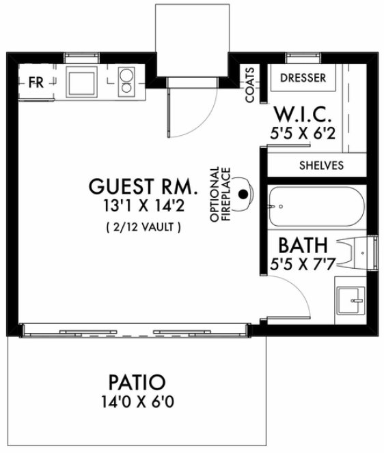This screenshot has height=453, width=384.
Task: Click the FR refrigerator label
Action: tap(36, 83)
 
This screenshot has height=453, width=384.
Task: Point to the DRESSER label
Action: tap(303, 78)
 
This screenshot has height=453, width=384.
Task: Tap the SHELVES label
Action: tap(322, 165)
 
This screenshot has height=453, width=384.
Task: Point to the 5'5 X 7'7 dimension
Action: tap(303, 265)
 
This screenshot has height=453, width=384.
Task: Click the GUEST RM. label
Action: tap(143, 186)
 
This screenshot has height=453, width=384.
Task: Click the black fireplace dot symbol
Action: tap(242, 194)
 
